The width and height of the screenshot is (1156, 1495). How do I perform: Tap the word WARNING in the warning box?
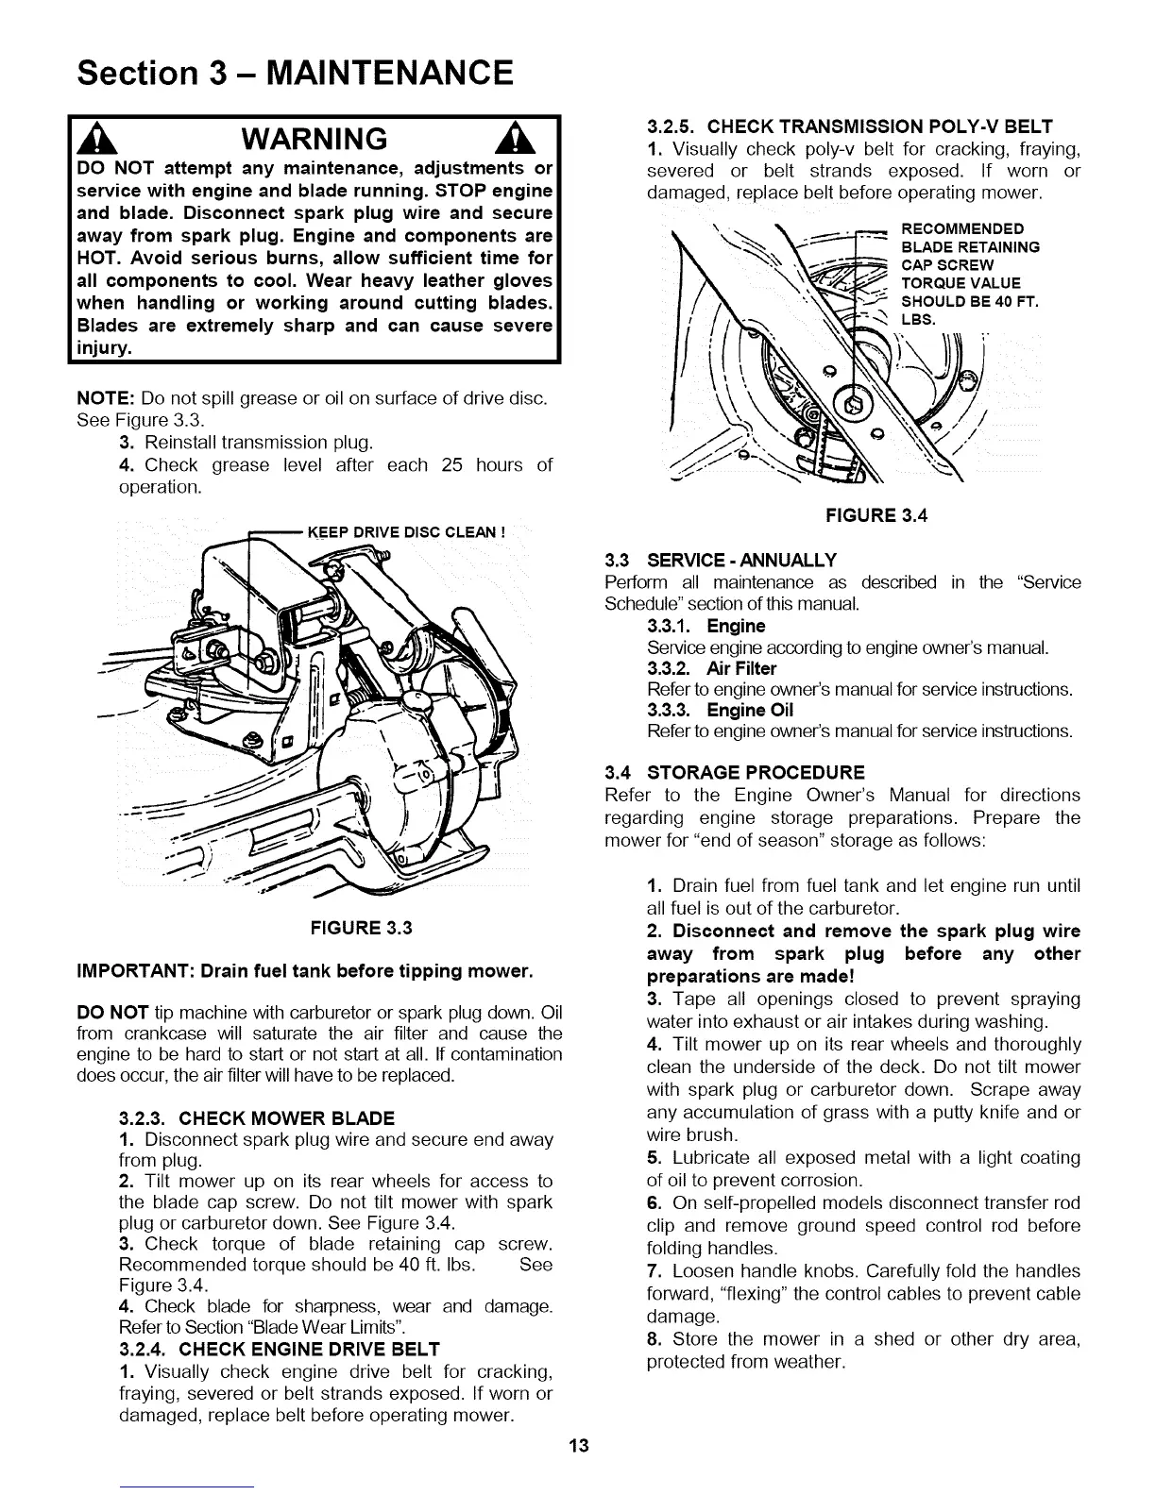(314, 140)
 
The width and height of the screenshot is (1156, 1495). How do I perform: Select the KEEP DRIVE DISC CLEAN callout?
(406, 531)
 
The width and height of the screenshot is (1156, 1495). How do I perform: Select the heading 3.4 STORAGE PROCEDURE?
(734, 772)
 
